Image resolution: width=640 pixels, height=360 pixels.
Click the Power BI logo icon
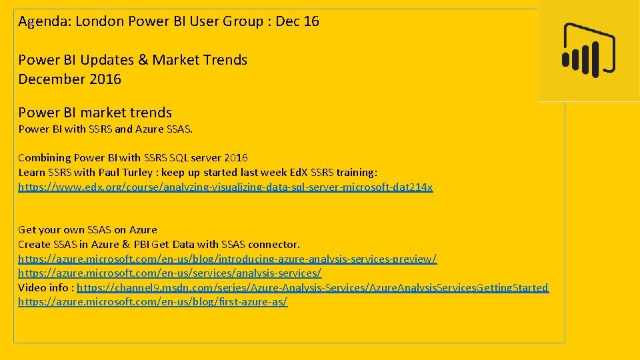588,51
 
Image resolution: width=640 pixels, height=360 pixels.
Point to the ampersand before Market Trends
143,60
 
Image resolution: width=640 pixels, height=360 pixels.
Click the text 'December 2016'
69,79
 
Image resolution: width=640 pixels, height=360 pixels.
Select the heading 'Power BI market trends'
95,113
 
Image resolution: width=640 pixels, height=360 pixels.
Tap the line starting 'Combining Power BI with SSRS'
133,158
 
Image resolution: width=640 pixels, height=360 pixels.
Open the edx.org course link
225,187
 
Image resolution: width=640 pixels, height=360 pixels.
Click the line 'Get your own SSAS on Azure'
87,230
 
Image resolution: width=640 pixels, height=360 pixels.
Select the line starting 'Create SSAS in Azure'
159,245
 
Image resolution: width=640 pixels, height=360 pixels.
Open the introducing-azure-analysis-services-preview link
227,259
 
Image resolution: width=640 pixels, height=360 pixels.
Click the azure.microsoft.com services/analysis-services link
169,273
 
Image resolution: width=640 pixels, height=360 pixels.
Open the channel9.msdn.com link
313,288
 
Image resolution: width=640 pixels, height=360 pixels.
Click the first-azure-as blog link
153,302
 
